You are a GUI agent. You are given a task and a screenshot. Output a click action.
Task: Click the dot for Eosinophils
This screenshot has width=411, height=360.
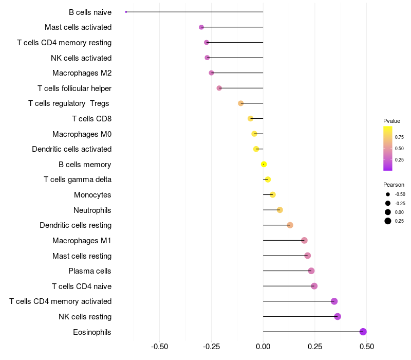363,332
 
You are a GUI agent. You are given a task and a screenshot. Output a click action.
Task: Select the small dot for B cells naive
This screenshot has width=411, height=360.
126,12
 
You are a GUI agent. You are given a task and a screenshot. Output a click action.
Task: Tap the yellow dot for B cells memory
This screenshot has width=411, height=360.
264,164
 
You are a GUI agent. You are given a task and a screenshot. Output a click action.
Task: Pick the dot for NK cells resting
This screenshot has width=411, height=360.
338,317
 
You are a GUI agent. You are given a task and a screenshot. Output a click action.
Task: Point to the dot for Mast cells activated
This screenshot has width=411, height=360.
201,27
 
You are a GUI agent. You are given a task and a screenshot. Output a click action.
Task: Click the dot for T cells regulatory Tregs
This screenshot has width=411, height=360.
240,103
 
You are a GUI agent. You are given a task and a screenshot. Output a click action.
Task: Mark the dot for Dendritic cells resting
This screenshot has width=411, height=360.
290,225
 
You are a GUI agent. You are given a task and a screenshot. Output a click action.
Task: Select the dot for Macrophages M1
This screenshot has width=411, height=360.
304,240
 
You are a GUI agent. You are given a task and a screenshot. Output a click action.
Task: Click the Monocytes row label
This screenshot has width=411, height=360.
92,195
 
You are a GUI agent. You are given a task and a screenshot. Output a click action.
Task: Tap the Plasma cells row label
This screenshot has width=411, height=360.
89,271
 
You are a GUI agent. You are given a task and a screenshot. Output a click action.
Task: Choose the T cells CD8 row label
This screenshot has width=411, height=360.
92,119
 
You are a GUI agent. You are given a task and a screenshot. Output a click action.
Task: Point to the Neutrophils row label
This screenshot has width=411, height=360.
92,210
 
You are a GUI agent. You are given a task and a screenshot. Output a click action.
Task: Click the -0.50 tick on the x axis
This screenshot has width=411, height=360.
159,347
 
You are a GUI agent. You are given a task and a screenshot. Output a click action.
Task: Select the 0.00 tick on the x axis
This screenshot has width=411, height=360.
263,347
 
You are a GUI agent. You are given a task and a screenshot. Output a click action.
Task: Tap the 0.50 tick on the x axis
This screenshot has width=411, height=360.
367,347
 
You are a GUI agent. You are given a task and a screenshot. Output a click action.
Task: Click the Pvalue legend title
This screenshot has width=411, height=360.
391,121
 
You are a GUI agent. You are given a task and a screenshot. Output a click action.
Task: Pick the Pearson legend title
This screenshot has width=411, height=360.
394,185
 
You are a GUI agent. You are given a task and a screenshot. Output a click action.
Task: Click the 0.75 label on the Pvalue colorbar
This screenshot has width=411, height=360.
399,137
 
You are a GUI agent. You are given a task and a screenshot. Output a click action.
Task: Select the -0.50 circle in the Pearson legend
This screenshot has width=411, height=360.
388,194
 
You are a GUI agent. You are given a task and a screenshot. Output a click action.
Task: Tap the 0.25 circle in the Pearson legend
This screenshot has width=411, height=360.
388,221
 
